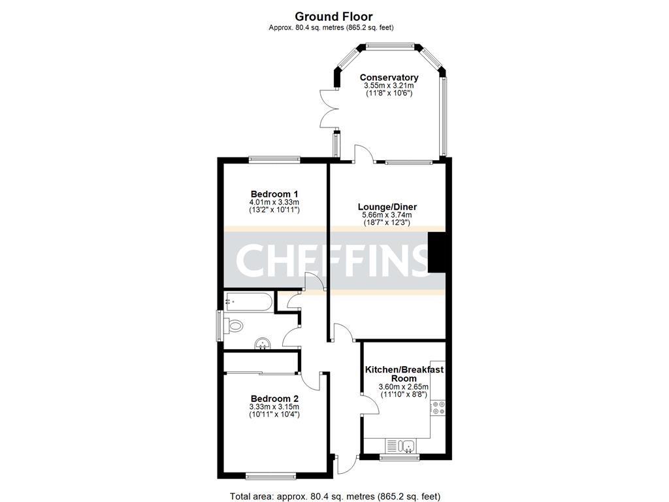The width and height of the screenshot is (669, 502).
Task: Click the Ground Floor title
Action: pyautogui.click(x=334, y=16)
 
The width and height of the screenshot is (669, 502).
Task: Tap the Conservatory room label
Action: pyautogui.click(x=389, y=77)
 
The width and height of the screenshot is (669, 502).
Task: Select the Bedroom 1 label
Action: pyautogui.click(x=274, y=194)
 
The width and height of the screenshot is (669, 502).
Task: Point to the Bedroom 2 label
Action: pyautogui.click(x=274, y=399)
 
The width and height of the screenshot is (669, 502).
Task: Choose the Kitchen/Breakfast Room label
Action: pyautogui.click(x=404, y=374)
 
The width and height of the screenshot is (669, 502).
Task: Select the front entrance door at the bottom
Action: pyautogui.click(x=345, y=464)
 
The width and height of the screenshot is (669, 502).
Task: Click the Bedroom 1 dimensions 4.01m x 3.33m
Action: pyautogui.click(x=274, y=203)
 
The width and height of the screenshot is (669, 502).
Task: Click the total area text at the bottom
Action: pyautogui.click(x=339, y=495)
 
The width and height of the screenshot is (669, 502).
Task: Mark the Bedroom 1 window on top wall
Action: pyautogui.click(x=274, y=158)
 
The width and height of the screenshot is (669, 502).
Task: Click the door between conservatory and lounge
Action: pyautogui.click(x=363, y=154)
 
